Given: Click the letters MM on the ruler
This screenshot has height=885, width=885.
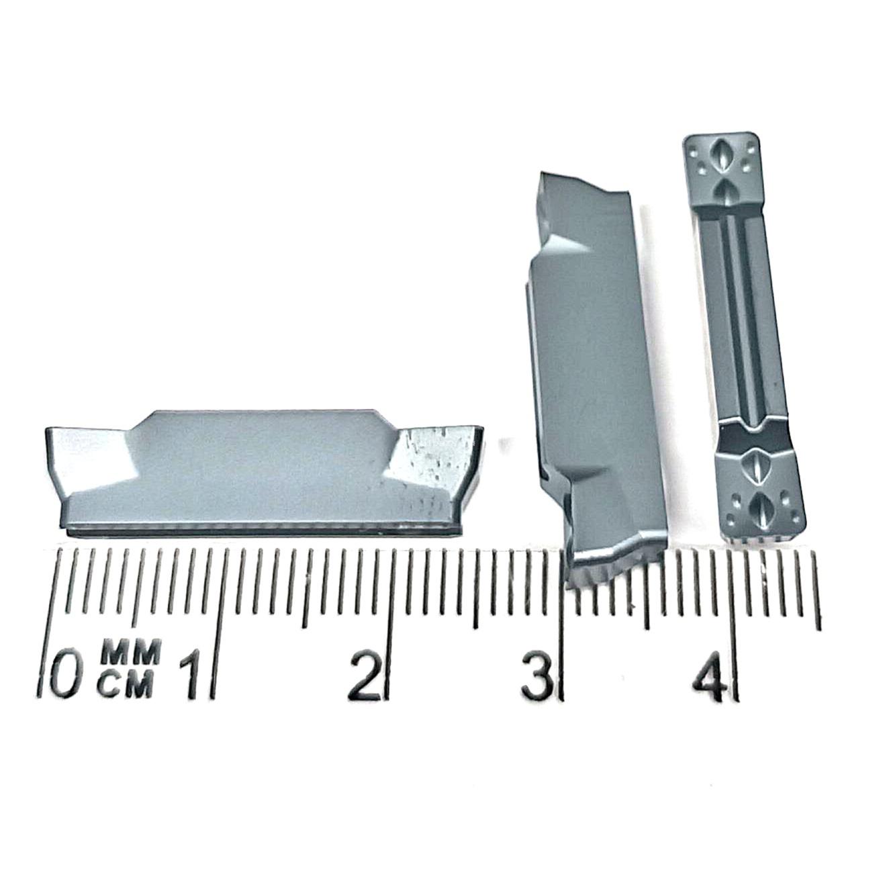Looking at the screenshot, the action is [131, 651].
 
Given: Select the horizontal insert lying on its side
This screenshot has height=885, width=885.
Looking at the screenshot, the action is [264, 473].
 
